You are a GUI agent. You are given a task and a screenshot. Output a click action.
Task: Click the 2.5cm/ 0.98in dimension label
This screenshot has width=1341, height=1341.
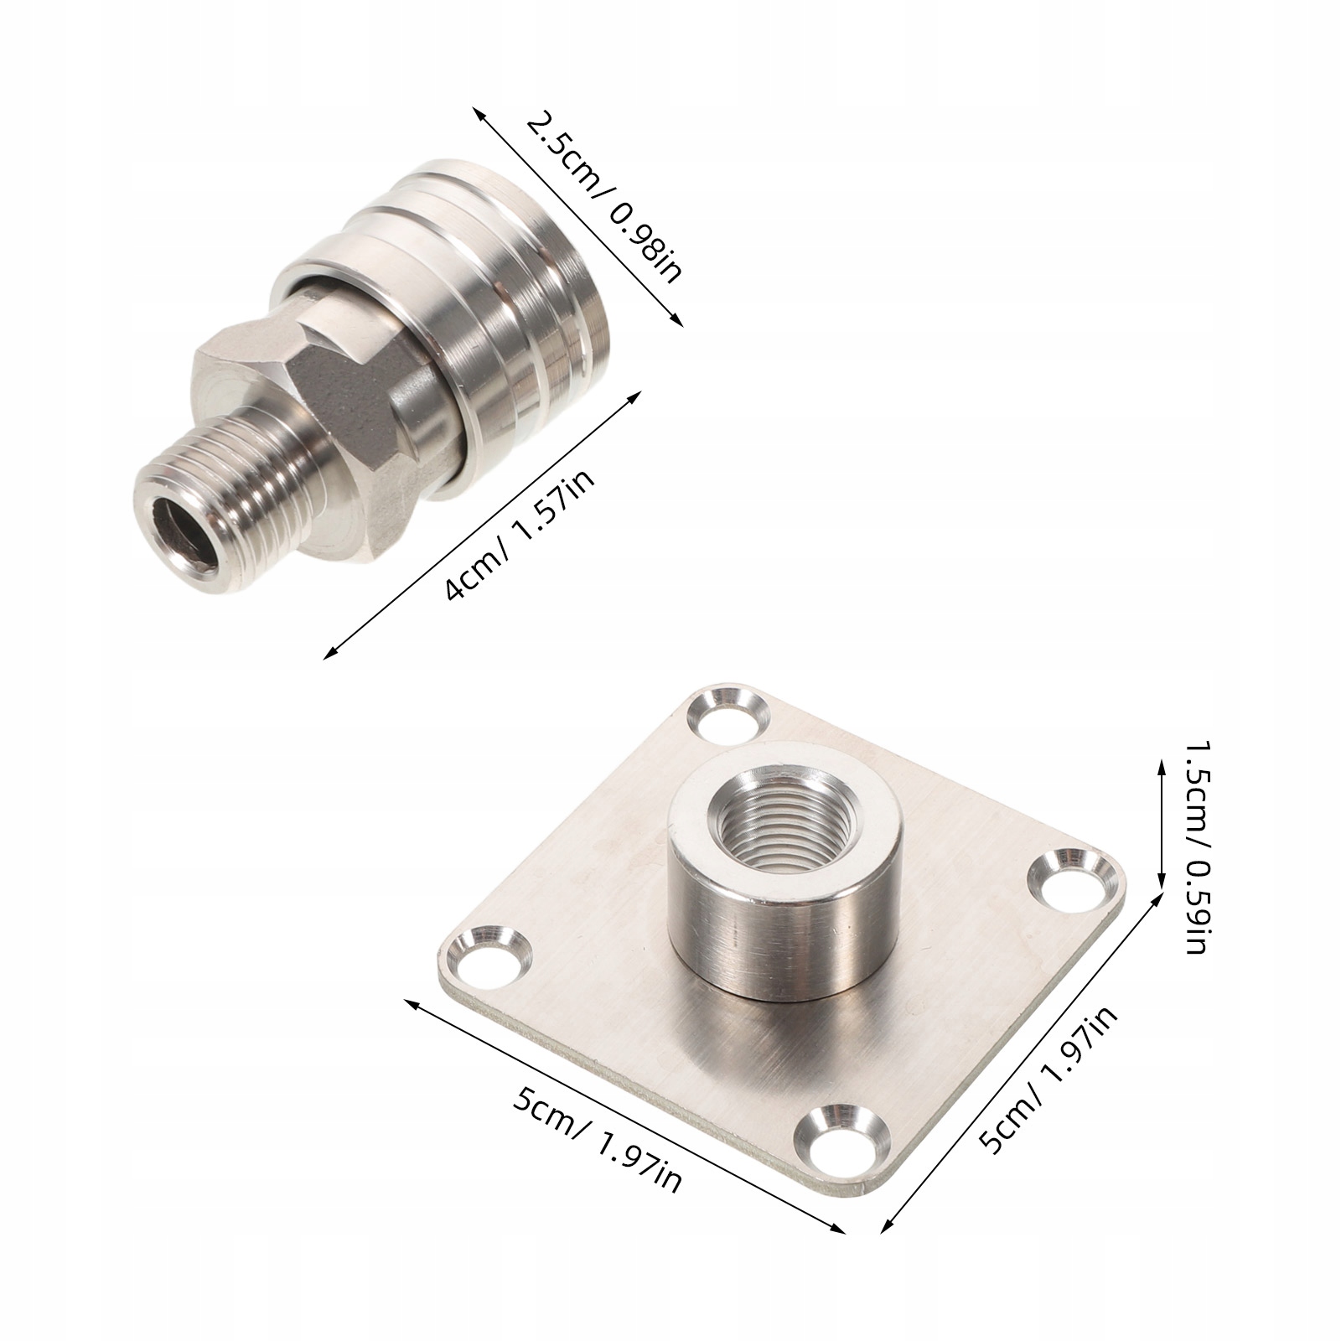(x=604, y=198)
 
